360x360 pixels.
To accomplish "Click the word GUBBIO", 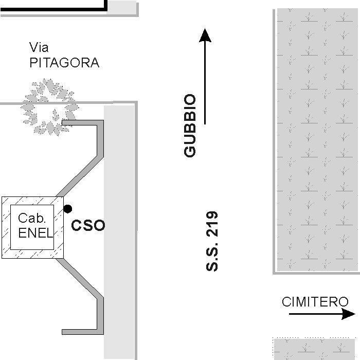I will [x=190, y=125].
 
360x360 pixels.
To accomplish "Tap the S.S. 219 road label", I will [x=212, y=241].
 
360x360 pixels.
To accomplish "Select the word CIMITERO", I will [x=315, y=302].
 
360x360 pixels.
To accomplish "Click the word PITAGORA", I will [x=64, y=63].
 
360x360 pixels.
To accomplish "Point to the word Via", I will [x=39, y=48].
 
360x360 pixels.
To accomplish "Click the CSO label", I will [x=87, y=225].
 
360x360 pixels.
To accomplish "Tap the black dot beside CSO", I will [x=67, y=208].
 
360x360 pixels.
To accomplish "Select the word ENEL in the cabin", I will [x=35, y=233].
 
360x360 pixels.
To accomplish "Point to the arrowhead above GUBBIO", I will [x=205, y=35].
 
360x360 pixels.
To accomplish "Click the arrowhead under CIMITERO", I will [x=349, y=313].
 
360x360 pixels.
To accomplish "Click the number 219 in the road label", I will [x=212, y=224].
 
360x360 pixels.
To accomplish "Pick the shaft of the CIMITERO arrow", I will [x=314, y=313].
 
